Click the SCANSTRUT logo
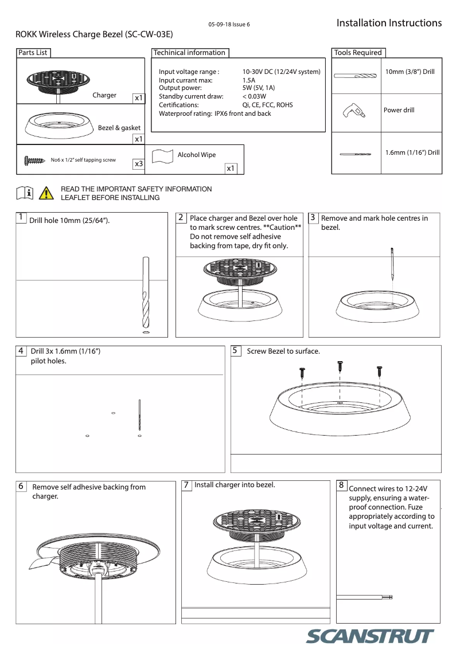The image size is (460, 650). pyautogui.click(x=371, y=637)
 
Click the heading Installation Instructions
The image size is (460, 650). pyautogui.click(x=389, y=23)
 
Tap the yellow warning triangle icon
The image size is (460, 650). pyautogui.click(x=46, y=193)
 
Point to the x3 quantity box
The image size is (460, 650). pyautogui.click(x=138, y=164)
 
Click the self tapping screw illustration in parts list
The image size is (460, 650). pyautogui.click(x=34, y=160)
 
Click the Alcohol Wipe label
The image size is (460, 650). pyautogui.click(x=197, y=155)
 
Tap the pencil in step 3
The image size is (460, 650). pyautogui.click(x=392, y=263)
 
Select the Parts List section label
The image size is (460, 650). pyautogui.click(x=33, y=53)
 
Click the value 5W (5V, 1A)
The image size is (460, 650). pyautogui.click(x=259, y=88)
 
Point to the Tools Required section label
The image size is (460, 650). pyautogui.click(x=358, y=53)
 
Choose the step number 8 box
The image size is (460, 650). pyautogui.click(x=341, y=485)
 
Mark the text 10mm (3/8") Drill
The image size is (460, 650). pyautogui.click(x=410, y=72)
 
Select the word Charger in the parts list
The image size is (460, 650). pyautogui.click(x=104, y=95)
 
